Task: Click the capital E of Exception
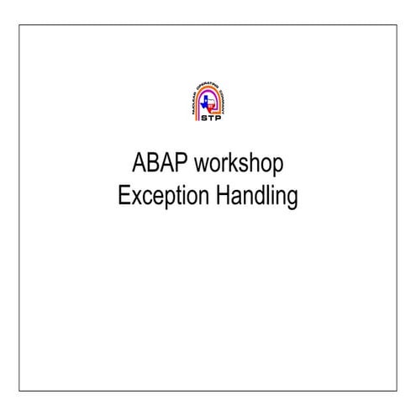tap(124, 197)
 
